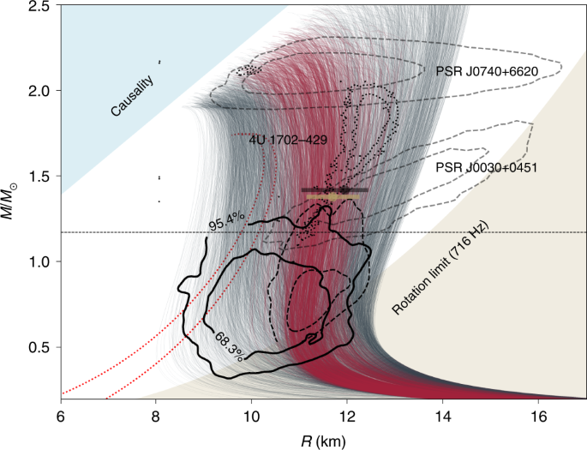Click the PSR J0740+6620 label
point(484,73)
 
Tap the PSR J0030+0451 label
point(486,167)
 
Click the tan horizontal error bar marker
point(332,196)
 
